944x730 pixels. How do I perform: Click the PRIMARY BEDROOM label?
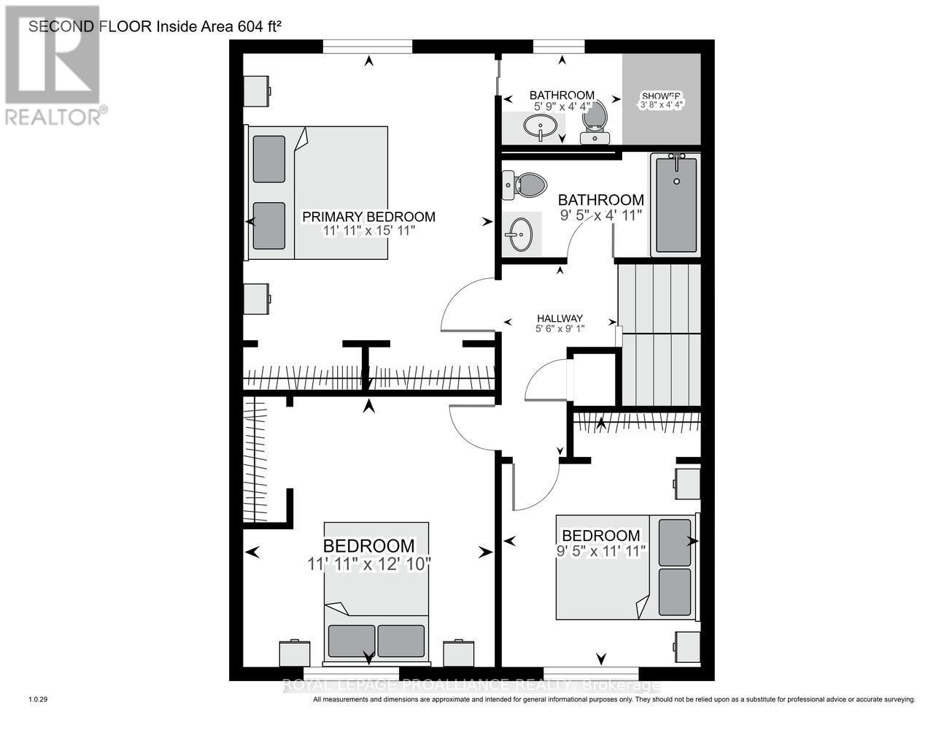[x=368, y=217]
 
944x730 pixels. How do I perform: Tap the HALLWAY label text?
[x=560, y=318]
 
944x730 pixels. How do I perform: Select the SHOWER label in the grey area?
[x=661, y=96]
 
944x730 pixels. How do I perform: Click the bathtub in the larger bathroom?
[x=676, y=204]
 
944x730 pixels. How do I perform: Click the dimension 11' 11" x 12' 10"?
[x=369, y=564]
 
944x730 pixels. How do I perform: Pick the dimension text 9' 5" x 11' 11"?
[x=601, y=551]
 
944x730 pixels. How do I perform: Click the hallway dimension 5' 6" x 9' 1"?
[x=560, y=328]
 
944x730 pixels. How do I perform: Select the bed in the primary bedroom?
[x=318, y=193]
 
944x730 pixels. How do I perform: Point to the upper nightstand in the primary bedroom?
[x=257, y=91]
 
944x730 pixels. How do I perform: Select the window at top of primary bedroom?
[x=368, y=47]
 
